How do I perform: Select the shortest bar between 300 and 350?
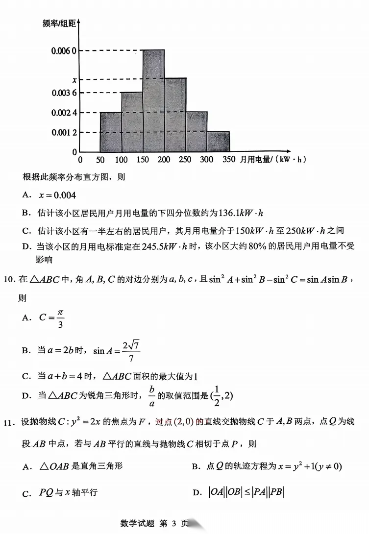(x=218, y=142)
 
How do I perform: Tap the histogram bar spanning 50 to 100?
(x=111, y=132)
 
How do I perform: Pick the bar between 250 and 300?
(x=196, y=132)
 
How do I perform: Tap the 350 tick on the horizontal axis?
(x=229, y=160)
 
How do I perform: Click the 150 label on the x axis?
(x=143, y=160)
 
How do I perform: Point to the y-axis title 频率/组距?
(x=59, y=24)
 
